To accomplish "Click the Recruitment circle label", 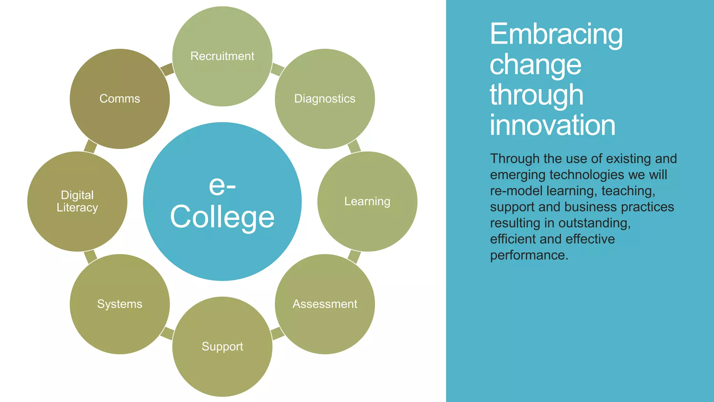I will tap(222, 56).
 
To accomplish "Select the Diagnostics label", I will tap(325, 99).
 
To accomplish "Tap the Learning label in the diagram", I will tap(367, 201).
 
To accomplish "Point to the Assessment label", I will tap(325, 304).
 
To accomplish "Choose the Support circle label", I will tap(222, 347).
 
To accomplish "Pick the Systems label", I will tap(120, 304).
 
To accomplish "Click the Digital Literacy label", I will tap(77, 201).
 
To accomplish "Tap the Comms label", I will tap(120, 99).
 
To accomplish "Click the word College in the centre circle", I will tap(222, 217).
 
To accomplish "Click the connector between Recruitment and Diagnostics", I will tap(278, 69).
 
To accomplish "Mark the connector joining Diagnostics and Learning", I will tap(354, 146).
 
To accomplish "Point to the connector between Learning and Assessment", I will tap(354, 256).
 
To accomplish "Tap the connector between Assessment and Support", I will tap(278, 333).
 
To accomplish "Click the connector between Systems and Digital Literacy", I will tap(90, 256).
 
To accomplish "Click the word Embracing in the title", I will tap(556, 34).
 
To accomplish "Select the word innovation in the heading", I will tap(553, 125).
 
